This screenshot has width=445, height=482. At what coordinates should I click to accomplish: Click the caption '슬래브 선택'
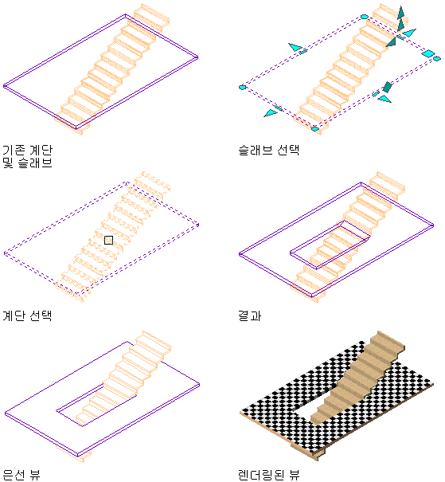(x=269, y=150)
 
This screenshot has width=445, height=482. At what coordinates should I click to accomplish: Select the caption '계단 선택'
(x=27, y=315)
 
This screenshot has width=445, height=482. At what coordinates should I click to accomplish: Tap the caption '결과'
(x=250, y=315)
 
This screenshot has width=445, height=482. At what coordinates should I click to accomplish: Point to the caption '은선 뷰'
(x=21, y=475)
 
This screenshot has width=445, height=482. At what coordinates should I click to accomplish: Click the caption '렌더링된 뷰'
(x=269, y=475)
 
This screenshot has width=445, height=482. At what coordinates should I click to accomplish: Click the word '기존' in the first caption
(x=14, y=150)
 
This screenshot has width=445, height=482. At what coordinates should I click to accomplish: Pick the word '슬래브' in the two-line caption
(x=35, y=163)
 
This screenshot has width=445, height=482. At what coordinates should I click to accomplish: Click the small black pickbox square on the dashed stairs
(x=108, y=240)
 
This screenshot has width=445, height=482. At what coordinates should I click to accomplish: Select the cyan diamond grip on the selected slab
(x=427, y=53)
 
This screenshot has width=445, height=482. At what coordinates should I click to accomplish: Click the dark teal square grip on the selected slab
(x=387, y=87)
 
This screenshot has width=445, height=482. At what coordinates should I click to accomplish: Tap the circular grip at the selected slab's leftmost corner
(x=242, y=88)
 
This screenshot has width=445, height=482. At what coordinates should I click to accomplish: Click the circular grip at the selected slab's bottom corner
(x=315, y=129)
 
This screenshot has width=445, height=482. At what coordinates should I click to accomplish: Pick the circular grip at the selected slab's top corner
(x=365, y=17)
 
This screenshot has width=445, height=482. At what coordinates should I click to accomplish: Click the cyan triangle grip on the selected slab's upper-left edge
(x=295, y=47)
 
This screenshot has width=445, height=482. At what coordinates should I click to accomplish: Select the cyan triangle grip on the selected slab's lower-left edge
(x=270, y=113)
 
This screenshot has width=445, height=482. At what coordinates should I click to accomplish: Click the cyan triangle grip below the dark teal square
(x=384, y=98)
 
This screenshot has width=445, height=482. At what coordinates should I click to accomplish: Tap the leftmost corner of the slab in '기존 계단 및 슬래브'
(x=4, y=86)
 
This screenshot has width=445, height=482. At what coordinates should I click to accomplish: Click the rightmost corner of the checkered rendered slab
(x=433, y=384)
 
